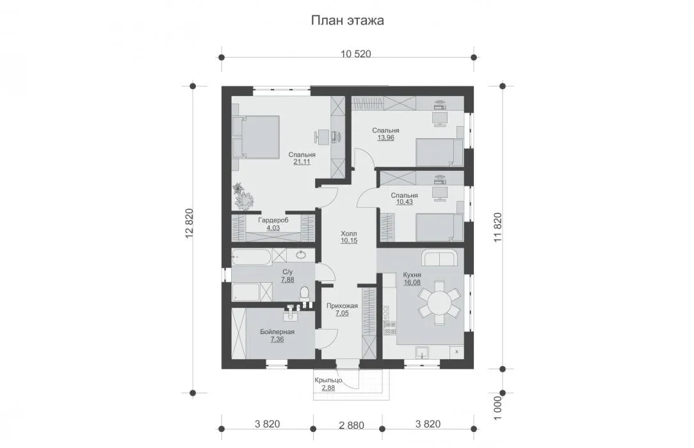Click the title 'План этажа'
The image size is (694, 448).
347,20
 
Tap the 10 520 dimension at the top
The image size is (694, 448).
356,54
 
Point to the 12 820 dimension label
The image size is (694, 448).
190,223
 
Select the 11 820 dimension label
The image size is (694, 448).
497,227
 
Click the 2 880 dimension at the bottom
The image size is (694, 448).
351,426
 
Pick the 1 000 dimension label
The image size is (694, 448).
497,408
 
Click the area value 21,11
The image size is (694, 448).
302,162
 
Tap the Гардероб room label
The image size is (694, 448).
273,220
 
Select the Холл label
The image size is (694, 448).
349,234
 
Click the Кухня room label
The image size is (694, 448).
412,275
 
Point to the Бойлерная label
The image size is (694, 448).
277,332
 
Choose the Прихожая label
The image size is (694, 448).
342,305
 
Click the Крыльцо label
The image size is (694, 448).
328,380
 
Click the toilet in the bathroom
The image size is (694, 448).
304,292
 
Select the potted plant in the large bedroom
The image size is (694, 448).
243,197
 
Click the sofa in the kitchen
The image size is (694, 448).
439,258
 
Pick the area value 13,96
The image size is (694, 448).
385,138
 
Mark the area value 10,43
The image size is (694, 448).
404,202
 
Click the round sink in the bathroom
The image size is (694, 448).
301,255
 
